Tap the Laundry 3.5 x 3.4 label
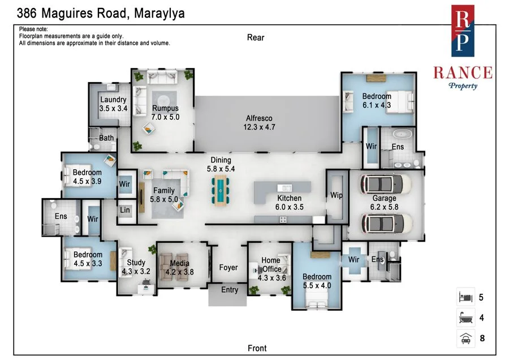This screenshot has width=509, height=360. (113, 104)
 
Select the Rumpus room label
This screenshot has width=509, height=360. (165, 113)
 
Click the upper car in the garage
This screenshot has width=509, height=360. (383, 184)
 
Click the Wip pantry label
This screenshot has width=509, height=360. (337, 195)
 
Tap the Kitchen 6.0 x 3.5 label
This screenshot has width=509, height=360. (289, 203)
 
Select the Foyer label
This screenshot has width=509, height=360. (228, 267)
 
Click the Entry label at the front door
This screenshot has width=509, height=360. (230, 290)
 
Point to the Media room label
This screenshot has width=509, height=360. (180, 267)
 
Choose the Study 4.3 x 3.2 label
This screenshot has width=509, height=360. (136, 267)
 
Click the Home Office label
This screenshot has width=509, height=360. (271, 269)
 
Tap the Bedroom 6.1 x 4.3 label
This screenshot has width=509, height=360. (376, 100)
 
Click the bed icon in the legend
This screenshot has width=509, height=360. (464, 297)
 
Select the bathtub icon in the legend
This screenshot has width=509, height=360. (464, 318)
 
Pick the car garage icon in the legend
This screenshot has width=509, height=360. (464, 339)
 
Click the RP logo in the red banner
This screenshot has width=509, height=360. (463, 31)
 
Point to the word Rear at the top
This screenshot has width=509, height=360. (256, 37)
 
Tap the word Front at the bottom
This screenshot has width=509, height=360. (257, 348)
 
